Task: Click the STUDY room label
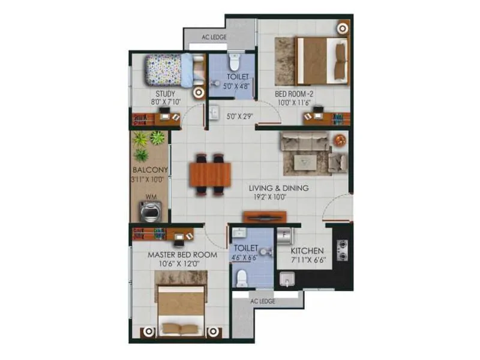pyautogui.click(x=165, y=94)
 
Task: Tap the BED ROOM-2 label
pyautogui.click(x=294, y=94)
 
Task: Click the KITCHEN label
pyautogui.click(x=307, y=251)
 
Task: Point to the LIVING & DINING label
pyautogui.click(x=279, y=188)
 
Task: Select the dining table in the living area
pyautogui.click(x=210, y=175)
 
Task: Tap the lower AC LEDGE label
pyautogui.click(x=263, y=301)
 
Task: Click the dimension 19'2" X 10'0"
pyautogui.click(x=279, y=197)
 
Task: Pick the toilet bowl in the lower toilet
pyautogui.click(x=242, y=277)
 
